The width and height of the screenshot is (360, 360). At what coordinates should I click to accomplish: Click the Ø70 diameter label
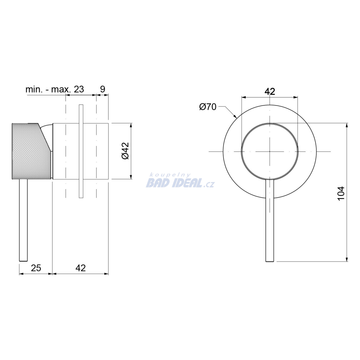[x=208, y=107]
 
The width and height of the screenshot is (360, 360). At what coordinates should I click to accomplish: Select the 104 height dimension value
[x=341, y=193]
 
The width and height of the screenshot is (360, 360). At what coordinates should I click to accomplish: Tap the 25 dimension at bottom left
[x=36, y=268]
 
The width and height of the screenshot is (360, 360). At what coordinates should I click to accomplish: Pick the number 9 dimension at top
[x=103, y=89]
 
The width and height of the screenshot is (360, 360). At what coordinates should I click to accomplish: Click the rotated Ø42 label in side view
[x=126, y=151]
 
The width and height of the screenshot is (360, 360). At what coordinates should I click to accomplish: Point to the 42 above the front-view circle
[x=270, y=92]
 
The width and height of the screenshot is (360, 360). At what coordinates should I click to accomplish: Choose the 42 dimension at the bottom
[x=81, y=268]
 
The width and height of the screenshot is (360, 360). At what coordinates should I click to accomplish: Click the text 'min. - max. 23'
[x=54, y=89]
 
